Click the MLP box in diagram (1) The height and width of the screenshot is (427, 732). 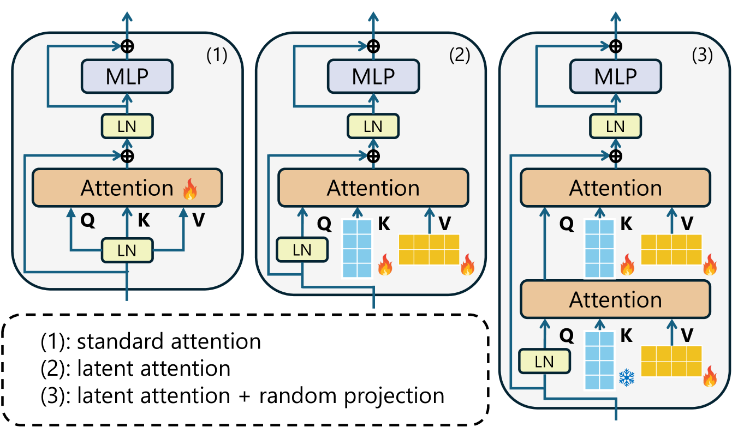(127, 76)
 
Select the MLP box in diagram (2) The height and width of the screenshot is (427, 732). (373, 76)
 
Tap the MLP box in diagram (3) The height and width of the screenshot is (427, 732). (616, 76)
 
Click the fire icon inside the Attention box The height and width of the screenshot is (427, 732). (191, 189)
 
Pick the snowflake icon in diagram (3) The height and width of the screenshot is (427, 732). (627, 377)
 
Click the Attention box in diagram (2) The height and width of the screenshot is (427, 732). (373, 188)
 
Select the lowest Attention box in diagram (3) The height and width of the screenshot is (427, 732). (616, 299)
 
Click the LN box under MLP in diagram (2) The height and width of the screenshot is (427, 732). (373, 127)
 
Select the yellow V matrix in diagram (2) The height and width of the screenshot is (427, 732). (429, 249)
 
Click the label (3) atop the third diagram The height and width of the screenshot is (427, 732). (701, 56)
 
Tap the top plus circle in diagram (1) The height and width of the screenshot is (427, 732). (127, 45)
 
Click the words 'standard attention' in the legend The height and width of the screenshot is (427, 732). (169, 341)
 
